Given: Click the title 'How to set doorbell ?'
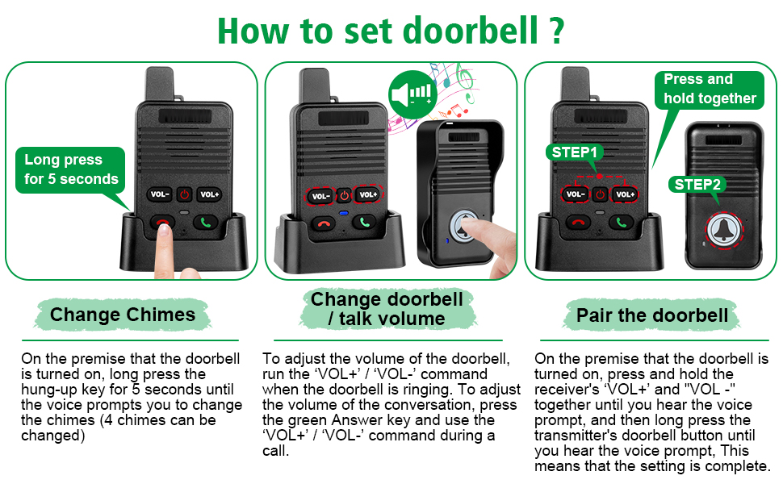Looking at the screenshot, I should click(x=391, y=30).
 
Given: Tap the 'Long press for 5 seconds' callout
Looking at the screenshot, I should click(x=71, y=169).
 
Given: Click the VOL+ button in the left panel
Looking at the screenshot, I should click(x=209, y=194).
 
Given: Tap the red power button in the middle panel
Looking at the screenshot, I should click(x=344, y=195).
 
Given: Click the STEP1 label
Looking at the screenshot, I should click(x=576, y=152).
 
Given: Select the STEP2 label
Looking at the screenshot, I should click(x=698, y=184).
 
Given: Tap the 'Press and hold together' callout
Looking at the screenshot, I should click(x=709, y=89).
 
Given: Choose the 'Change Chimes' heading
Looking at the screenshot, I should click(x=123, y=315).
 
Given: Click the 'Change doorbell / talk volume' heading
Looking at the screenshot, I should click(x=387, y=309).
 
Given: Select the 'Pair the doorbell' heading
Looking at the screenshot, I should click(x=652, y=315).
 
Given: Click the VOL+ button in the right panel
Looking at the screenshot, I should click(x=624, y=194).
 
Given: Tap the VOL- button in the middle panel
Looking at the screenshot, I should click(x=320, y=195).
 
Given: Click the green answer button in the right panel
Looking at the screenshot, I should click(x=622, y=222).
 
